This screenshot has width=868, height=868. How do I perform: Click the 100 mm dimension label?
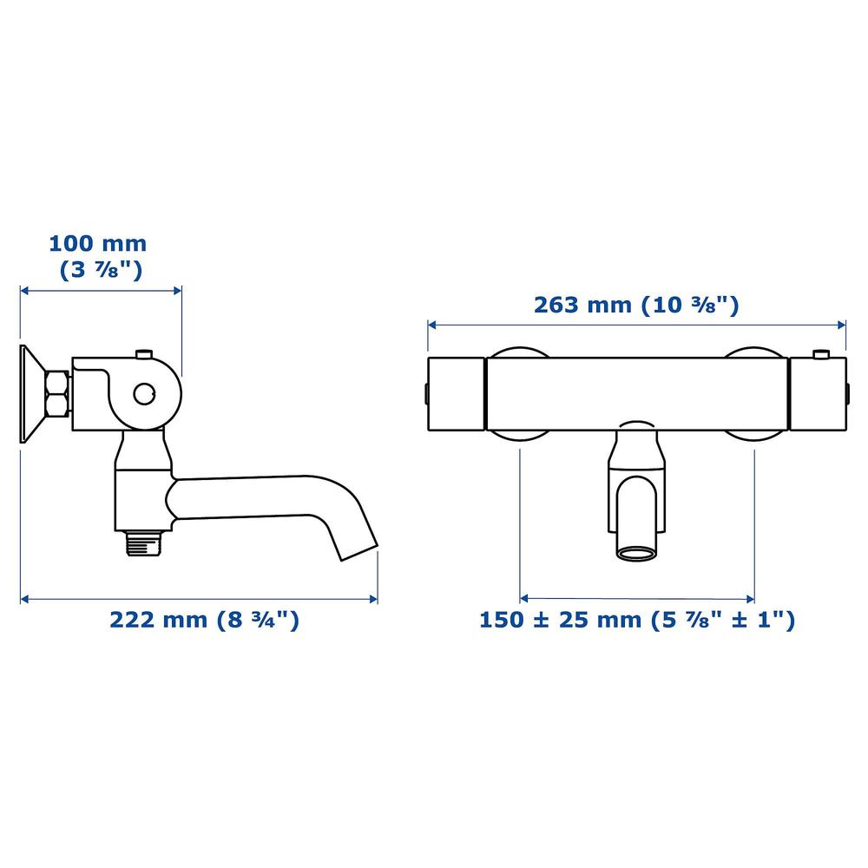coord(98,244)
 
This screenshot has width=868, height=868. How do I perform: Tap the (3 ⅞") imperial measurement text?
coord(101,270)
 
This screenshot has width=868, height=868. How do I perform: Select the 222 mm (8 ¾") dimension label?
coord(204,620)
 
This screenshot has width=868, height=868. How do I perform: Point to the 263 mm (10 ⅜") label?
coord(636,305)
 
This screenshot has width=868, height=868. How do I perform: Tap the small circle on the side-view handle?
coord(144,393)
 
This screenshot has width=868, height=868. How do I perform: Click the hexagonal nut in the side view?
coord(57,393)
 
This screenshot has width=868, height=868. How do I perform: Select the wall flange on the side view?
coord(33,393)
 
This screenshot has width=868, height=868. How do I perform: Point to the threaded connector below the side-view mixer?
coord(143,543)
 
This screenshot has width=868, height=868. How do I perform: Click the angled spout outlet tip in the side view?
coord(358,553)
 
